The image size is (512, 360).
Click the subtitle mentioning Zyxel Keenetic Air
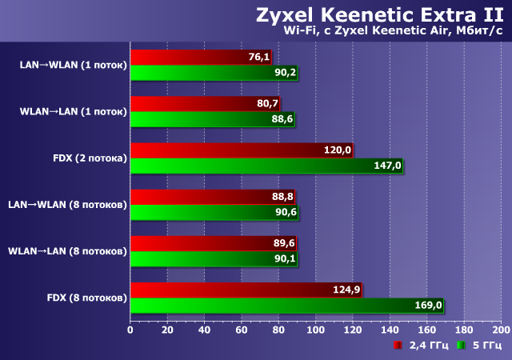[393, 32]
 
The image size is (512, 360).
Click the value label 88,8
[282, 197]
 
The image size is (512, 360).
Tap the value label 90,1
[285, 258]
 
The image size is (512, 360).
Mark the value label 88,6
[282, 119]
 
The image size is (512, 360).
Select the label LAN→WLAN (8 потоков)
[67, 204]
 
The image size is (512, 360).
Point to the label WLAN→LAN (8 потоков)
[67, 251]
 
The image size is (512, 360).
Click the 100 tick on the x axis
[315, 329]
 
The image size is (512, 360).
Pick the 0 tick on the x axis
[130, 329]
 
